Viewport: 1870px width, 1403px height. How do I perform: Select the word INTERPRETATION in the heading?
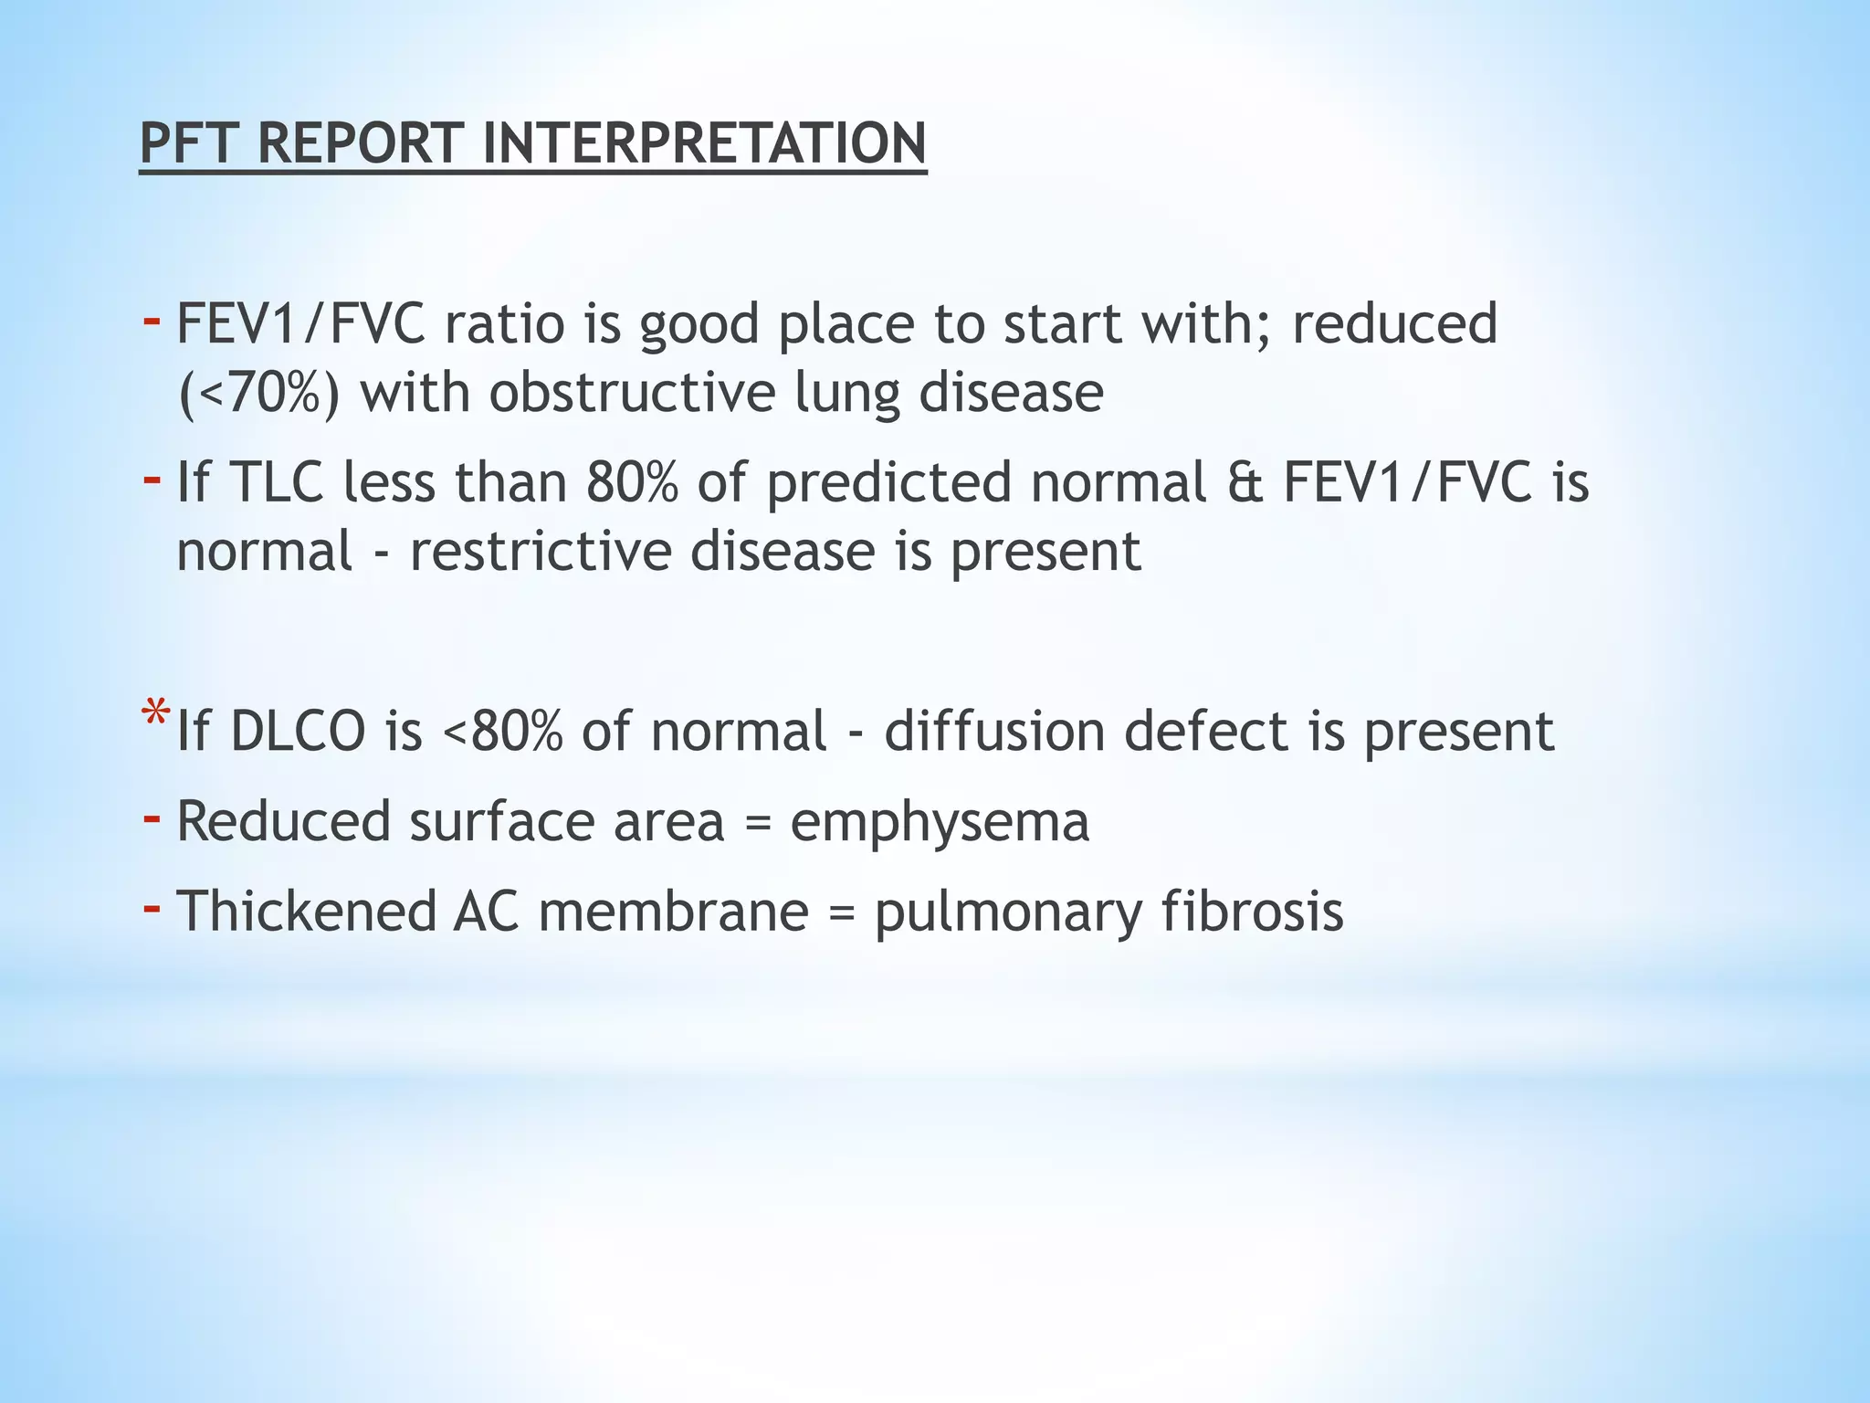[x=704, y=143]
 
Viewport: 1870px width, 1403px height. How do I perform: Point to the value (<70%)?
[x=259, y=393]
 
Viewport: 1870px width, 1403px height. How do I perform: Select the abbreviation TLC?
[x=277, y=482]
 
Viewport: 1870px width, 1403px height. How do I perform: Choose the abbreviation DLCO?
[x=298, y=732]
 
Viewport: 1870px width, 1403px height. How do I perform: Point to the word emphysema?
[x=940, y=821]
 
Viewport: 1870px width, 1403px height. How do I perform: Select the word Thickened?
[x=306, y=912]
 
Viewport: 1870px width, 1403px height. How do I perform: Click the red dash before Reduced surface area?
[x=152, y=816]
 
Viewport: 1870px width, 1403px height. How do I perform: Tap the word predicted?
[x=888, y=484]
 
